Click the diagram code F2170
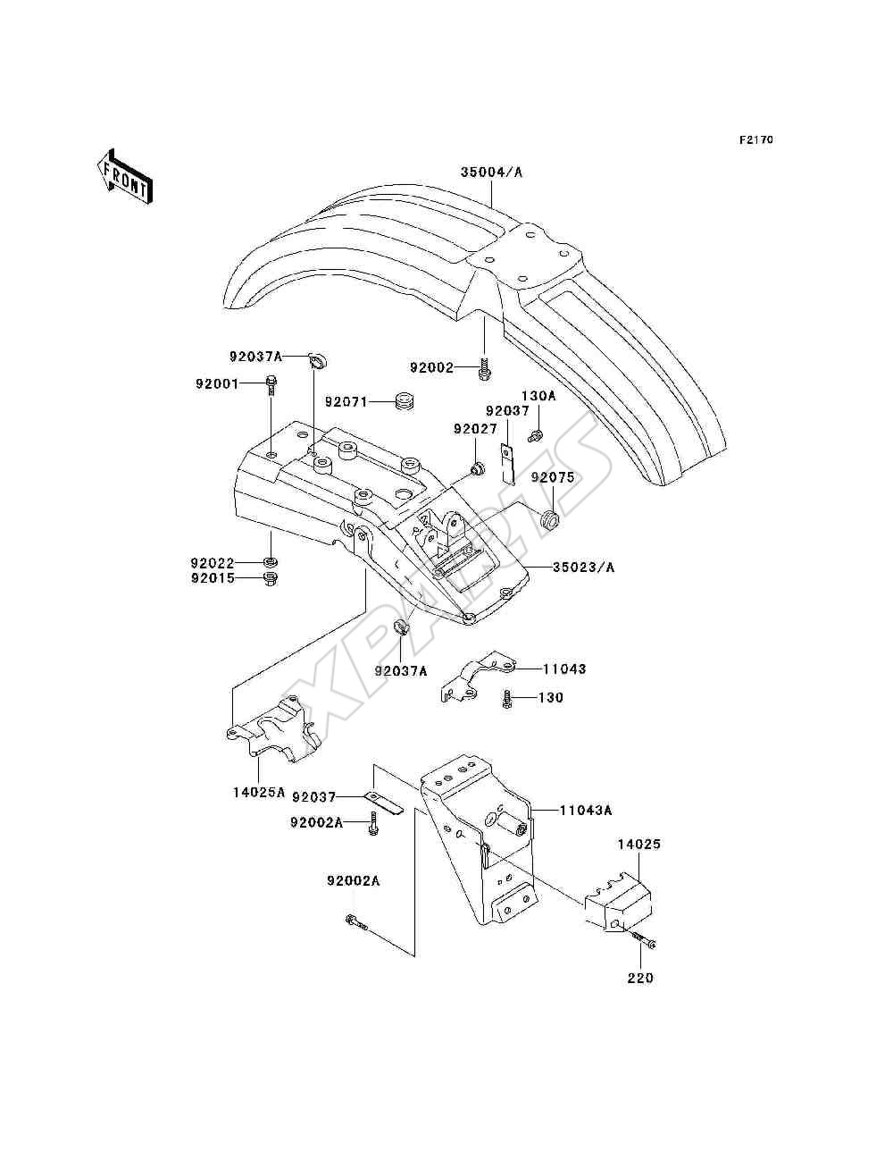click(x=755, y=140)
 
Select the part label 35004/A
click(x=491, y=172)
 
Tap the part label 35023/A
click(x=584, y=568)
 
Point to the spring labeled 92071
click(x=406, y=400)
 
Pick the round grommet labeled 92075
click(x=549, y=520)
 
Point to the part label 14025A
click(x=259, y=807)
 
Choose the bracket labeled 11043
click(x=477, y=677)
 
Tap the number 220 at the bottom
click(x=640, y=979)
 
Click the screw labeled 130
click(x=507, y=698)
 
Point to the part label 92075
click(x=553, y=478)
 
